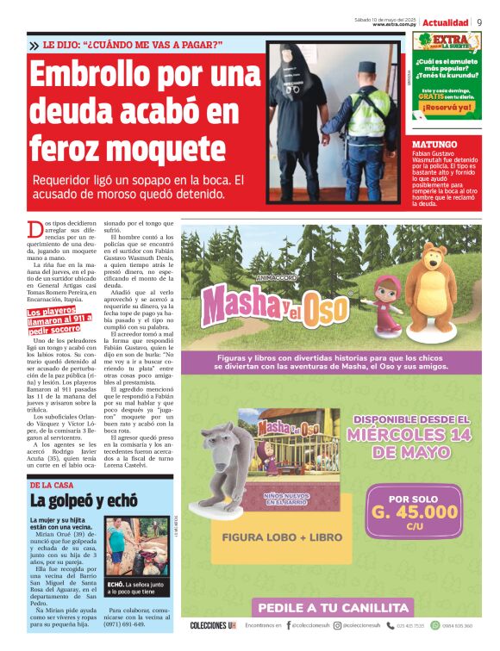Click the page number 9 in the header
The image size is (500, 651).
[479, 22]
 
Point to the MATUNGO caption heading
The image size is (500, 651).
[435, 144]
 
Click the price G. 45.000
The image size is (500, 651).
[414, 512]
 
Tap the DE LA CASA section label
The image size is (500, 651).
[52, 485]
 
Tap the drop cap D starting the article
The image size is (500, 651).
[35, 231]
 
